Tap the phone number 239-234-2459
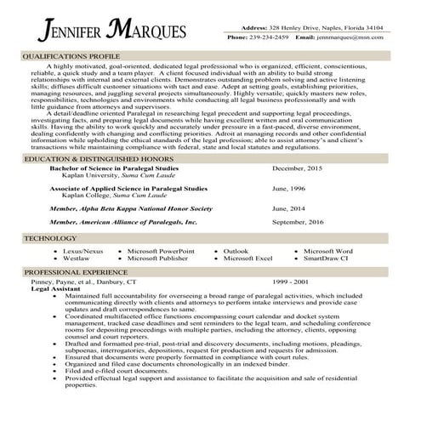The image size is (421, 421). click(x=270, y=38)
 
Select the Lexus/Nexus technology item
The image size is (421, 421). click(x=83, y=252)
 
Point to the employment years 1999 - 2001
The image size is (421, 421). click(x=291, y=282)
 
